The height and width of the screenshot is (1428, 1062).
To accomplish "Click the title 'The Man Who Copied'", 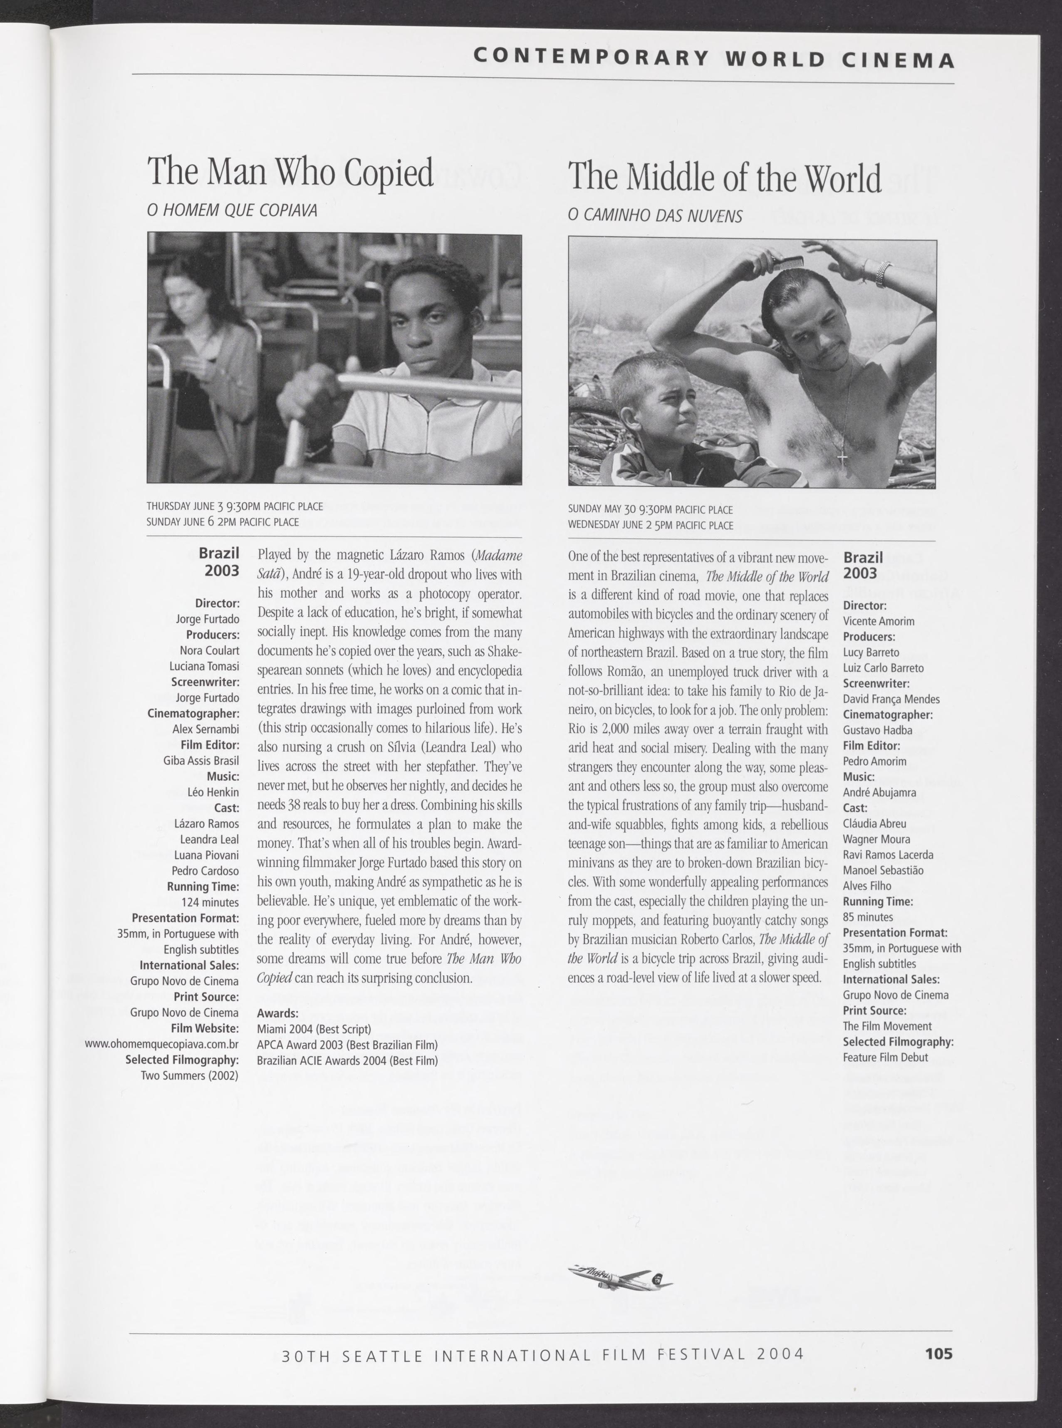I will (x=290, y=172).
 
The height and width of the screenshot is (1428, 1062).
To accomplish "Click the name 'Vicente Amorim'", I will (x=878, y=621).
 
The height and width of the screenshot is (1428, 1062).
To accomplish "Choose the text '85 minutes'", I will (x=868, y=917).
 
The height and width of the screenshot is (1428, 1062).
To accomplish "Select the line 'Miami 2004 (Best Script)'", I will (x=314, y=1029).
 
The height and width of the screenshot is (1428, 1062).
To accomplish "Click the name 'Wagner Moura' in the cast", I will (x=876, y=839).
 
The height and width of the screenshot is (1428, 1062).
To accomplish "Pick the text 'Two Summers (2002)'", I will (x=190, y=1075).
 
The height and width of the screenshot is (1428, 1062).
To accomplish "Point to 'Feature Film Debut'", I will (x=885, y=1057).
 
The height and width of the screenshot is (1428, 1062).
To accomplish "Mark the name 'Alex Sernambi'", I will (x=206, y=729).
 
